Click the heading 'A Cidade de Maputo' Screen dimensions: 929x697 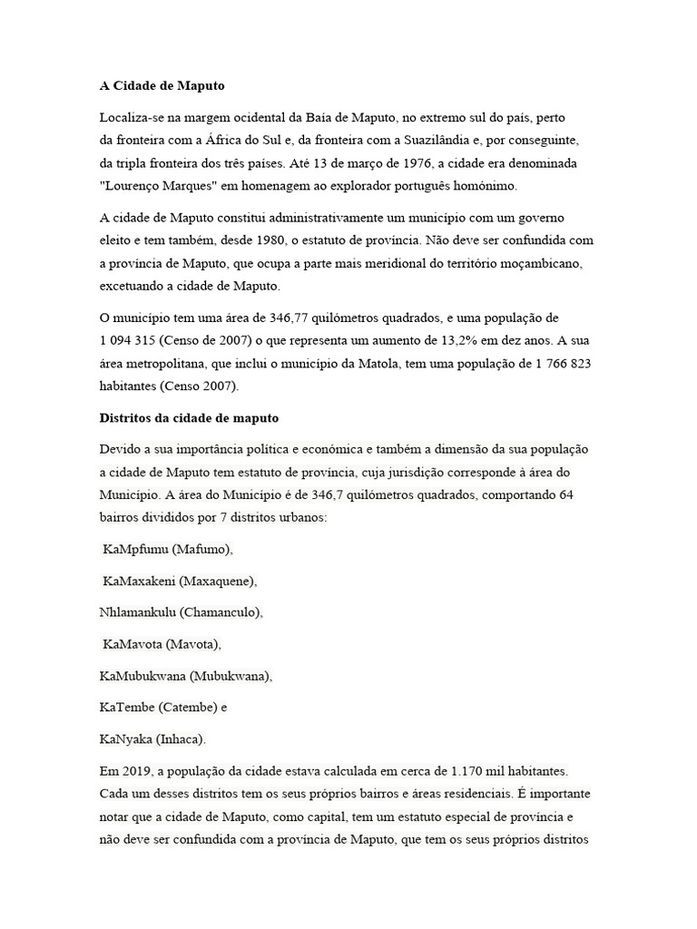162,86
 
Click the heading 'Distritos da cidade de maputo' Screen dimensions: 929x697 189,418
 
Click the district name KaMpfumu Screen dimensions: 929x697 135,549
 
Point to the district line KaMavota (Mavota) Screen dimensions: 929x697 162,644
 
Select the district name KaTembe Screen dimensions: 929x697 127,707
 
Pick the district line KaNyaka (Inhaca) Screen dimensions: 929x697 152,738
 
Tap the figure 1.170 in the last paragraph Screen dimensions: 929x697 468,770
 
